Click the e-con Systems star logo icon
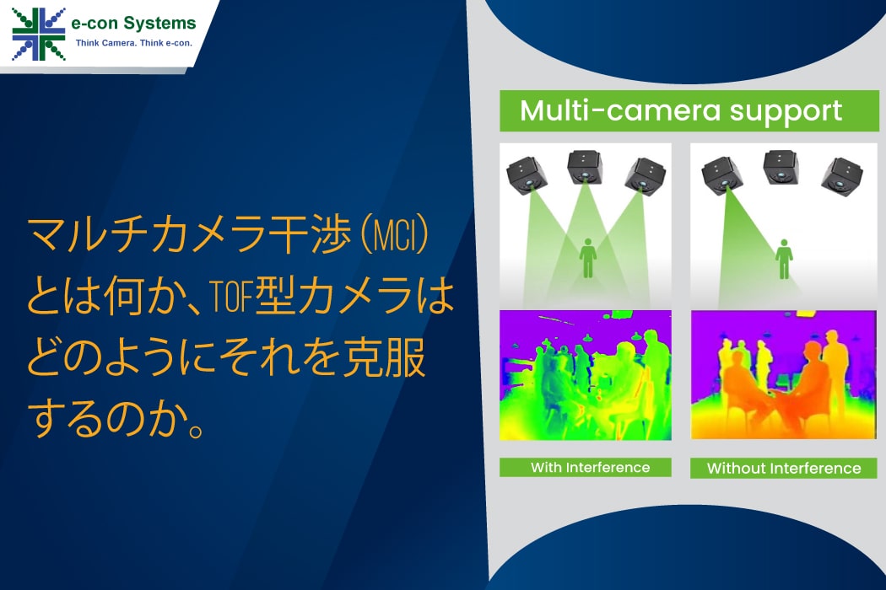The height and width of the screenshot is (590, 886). (x=39, y=35)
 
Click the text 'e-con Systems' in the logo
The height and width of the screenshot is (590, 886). (x=133, y=23)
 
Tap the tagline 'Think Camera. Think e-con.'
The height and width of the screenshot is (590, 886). (x=134, y=43)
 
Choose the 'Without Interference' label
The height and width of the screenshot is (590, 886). (x=783, y=468)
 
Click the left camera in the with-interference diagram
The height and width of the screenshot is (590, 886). (x=527, y=175)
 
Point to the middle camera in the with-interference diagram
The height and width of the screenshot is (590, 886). (x=584, y=167)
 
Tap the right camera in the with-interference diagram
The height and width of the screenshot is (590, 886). (x=645, y=174)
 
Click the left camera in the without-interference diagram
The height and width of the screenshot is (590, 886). (x=722, y=175)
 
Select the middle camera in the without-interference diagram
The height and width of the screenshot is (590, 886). (x=781, y=167)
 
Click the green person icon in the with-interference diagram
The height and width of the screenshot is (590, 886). (x=588, y=258)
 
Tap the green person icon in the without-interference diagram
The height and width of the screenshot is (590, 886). (x=784, y=259)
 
